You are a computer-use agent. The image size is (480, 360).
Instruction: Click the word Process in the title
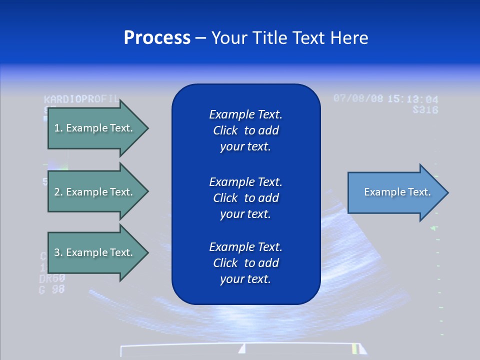point(157,38)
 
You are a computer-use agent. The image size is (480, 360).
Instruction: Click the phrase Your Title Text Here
point(289,38)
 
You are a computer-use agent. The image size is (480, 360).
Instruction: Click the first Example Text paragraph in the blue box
point(245,130)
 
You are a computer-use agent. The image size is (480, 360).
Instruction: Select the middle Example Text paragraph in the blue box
point(245,197)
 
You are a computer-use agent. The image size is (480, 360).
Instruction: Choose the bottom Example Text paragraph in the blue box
point(245,262)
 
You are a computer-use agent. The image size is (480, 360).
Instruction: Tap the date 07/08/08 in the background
point(358,98)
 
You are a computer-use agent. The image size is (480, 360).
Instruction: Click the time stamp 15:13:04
point(412,99)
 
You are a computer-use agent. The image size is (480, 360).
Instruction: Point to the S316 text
point(425,109)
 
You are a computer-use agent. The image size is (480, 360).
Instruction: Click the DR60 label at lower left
point(52,278)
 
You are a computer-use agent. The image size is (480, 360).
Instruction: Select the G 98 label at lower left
point(52,289)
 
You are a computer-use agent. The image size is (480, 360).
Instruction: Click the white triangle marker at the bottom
point(242,348)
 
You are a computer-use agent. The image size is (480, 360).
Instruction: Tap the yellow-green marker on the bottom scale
point(355,348)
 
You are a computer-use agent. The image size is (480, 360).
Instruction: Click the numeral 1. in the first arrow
point(58,128)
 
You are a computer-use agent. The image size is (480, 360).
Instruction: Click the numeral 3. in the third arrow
point(58,252)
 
